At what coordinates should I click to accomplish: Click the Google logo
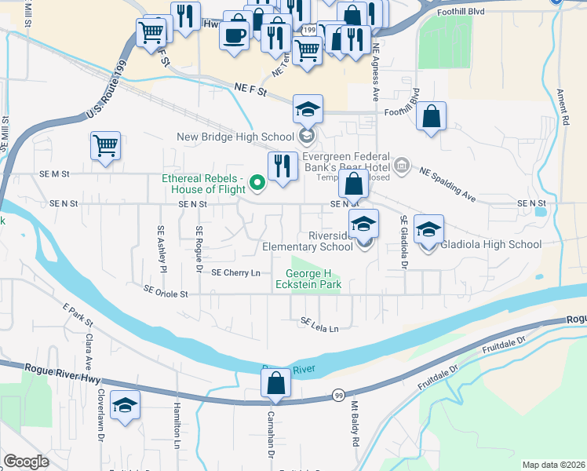click(x=26, y=462)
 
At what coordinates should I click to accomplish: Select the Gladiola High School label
click(x=491, y=244)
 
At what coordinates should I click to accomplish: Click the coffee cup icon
click(x=235, y=35)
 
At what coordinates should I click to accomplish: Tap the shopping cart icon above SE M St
click(x=105, y=145)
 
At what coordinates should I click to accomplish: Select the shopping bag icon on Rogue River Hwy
click(x=275, y=385)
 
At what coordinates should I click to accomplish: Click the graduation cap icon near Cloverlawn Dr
click(x=125, y=405)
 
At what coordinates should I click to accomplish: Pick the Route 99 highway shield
click(x=338, y=395)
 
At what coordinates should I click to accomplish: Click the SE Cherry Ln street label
click(x=236, y=273)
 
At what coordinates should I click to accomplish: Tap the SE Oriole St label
click(x=166, y=291)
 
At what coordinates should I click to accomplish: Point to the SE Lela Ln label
click(x=324, y=324)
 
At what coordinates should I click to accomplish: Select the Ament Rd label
click(x=565, y=108)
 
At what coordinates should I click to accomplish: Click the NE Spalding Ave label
click(x=447, y=183)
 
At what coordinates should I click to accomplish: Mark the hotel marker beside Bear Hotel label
click(x=401, y=165)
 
